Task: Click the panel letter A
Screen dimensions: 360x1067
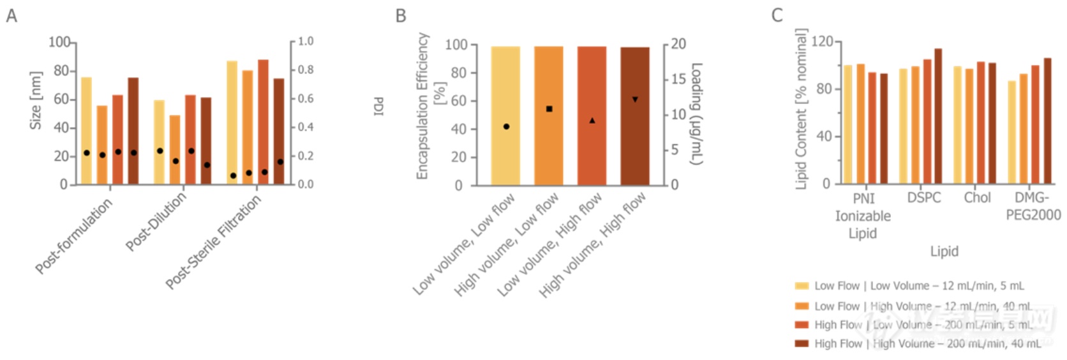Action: (11, 15)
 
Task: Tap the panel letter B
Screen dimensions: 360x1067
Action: (401, 15)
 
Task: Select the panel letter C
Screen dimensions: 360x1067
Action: (777, 15)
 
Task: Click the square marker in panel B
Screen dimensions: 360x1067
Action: (549, 109)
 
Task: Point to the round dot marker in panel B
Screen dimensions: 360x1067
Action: (506, 126)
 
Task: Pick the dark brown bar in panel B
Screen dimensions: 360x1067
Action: (635, 116)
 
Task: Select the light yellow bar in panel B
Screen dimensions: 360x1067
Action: (505, 116)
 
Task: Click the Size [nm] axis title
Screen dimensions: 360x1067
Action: (36, 100)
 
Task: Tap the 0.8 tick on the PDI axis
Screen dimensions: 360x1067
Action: (305, 70)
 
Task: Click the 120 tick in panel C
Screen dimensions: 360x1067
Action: (822, 42)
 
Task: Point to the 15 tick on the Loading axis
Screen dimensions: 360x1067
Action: (678, 80)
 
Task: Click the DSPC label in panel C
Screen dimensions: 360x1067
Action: (924, 198)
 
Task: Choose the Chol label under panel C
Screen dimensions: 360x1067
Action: (977, 198)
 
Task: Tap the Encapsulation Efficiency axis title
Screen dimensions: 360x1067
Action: (422, 106)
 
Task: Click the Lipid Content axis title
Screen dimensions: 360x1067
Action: (802, 109)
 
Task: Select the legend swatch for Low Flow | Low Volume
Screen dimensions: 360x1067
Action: (802, 286)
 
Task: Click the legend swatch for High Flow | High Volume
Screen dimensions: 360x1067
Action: (802, 343)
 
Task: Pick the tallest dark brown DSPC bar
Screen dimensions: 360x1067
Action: (937, 116)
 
